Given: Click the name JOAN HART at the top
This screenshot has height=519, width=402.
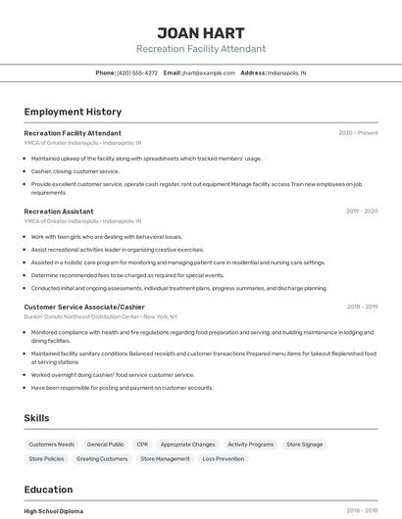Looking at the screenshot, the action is pos(200,32).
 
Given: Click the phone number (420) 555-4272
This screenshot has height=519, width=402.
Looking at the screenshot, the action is pos(136,72).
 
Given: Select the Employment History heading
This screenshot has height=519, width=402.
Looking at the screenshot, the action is pos(73,112).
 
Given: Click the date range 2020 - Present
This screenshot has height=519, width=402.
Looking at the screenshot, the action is pos(358,133).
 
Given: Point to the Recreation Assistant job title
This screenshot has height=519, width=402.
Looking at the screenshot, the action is pos(59,212).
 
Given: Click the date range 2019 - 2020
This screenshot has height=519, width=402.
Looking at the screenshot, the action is pos(362,212).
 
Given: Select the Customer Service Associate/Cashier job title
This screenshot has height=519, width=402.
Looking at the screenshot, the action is pos(84,307).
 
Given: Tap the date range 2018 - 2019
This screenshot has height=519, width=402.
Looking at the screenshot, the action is pos(362,307).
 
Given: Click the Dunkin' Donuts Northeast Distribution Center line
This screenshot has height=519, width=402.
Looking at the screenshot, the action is pos(101,317).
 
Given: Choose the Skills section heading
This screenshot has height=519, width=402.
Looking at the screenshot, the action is pos(36,418).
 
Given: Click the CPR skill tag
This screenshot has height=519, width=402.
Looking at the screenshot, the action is pos(142,445).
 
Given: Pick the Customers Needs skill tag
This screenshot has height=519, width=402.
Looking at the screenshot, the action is pos(51,445).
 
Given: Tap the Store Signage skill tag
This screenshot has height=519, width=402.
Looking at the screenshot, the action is pos(304,445).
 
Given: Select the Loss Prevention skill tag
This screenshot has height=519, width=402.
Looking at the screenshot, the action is pos(223,458).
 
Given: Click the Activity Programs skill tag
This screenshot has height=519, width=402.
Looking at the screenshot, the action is pos(250,445).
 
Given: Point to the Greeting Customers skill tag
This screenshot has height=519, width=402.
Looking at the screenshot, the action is pos(102,458).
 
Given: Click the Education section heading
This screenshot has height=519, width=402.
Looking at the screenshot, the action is pos(48,490).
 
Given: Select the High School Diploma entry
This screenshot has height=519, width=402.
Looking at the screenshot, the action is pos(54,511).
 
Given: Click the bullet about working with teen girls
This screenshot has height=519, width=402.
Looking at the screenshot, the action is pos(106,236).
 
